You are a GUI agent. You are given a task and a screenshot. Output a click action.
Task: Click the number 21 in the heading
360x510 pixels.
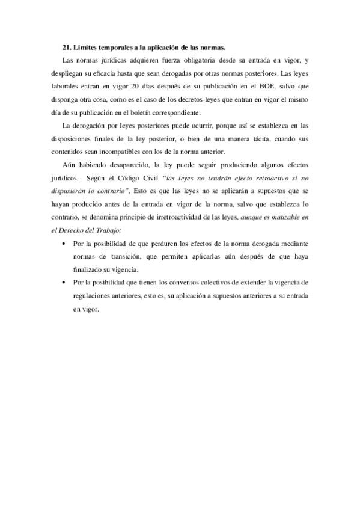(x=66, y=46)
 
